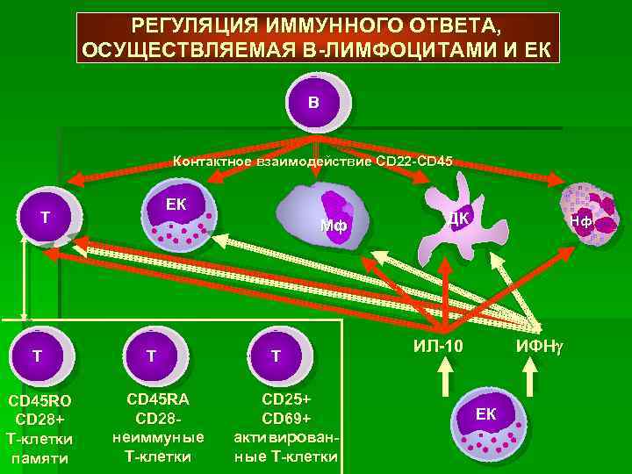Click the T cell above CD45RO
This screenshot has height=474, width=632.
click(x=37, y=355)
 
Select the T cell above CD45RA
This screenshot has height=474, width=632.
click(x=152, y=355)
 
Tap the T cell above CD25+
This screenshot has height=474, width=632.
click(x=276, y=355)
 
